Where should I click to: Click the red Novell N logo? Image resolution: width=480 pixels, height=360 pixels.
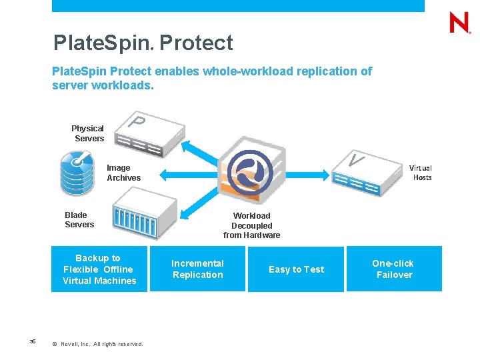(x=459, y=23)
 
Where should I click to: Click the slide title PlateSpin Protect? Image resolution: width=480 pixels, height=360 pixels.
(x=143, y=43)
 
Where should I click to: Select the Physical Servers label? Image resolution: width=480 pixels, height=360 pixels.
(x=88, y=133)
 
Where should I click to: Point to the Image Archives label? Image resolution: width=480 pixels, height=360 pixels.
(x=123, y=173)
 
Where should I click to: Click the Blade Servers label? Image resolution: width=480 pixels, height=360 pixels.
(x=79, y=220)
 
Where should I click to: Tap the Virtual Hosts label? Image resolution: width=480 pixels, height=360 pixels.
(x=421, y=173)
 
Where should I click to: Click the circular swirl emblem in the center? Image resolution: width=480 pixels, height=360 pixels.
(x=250, y=170)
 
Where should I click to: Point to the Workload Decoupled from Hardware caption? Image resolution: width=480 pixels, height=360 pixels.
(x=251, y=225)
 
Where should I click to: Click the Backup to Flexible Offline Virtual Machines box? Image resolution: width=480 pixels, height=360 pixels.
(x=99, y=269)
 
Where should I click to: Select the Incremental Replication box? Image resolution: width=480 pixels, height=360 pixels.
(x=197, y=269)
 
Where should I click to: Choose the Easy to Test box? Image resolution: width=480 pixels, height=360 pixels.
(x=296, y=269)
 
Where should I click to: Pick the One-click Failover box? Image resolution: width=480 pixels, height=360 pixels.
(x=393, y=269)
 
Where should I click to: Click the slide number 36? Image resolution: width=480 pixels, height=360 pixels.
(x=33, y=342)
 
